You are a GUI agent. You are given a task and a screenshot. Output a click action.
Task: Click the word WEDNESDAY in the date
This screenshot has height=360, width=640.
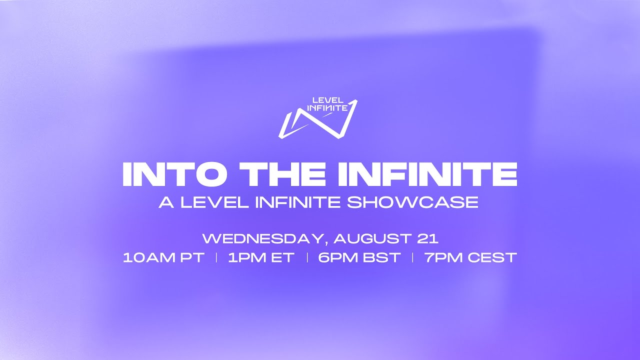coord(262,238)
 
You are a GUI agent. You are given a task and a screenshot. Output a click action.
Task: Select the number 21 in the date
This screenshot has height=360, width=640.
coord(428,238)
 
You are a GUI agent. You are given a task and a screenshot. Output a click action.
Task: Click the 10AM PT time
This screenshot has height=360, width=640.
coord(163,258)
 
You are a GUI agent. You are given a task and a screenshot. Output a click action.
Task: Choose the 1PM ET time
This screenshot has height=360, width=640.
coord(260,258)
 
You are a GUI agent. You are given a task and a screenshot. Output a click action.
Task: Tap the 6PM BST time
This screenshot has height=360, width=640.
coord(359,258)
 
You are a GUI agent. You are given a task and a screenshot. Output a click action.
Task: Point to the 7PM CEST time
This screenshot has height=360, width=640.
coord(470,258)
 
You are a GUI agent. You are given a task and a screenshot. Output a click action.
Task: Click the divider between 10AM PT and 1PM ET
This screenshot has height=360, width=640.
coord(216,258)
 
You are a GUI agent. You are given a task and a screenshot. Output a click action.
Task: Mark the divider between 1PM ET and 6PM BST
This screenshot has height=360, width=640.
coord(306,258)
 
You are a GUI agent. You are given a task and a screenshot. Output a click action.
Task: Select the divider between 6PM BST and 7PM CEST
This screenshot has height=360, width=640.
coord(412,258)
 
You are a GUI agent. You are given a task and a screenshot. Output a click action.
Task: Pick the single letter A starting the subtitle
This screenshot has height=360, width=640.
coord(164,202)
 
